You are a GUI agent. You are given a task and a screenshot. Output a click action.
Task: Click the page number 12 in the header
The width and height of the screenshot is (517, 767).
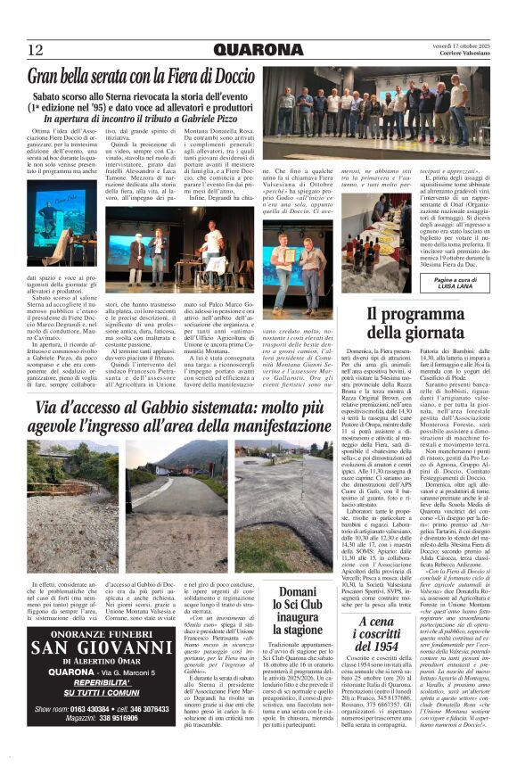coord(36,49)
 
